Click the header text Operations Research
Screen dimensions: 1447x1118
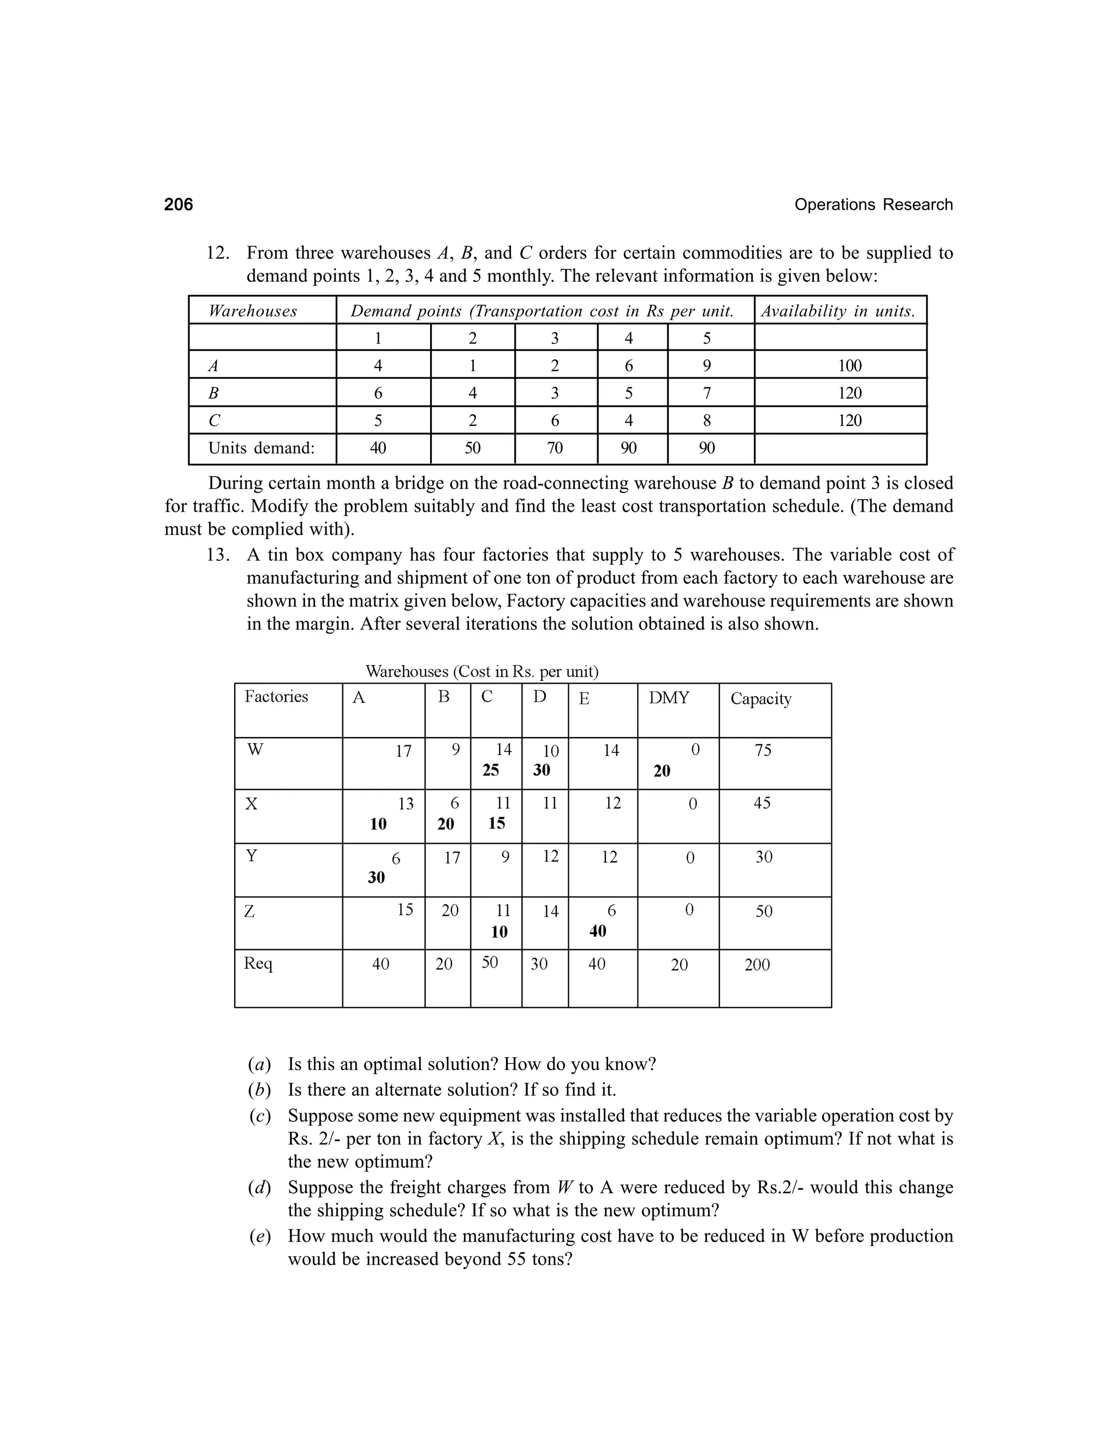click(873, 205)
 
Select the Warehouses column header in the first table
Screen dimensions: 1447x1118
click(252, 311)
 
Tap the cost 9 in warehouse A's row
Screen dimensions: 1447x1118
click(707, 366)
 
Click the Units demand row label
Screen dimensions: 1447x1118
click(261, 448)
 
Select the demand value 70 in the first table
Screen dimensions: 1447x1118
click(555, 448)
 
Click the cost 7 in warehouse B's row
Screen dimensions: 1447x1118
click(707, 394)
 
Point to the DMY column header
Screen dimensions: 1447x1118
click(668, 698)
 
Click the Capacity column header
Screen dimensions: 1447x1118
click(760, 699)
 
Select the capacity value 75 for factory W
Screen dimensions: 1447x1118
click(763, 751)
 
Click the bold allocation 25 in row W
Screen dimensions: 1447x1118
click(490, 770)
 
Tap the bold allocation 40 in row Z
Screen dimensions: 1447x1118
click(597, 932)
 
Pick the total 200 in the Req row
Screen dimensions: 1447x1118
click(757, 965)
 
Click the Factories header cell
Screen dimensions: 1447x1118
click(276, 697)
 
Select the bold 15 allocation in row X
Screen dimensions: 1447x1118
click(496, 823)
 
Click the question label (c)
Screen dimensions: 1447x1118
click(260, 1117)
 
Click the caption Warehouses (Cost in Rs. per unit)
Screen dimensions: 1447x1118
click(481, 672)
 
